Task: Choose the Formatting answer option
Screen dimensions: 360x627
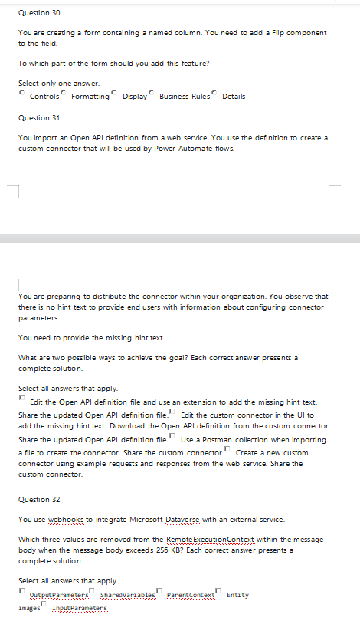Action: pos(90,97)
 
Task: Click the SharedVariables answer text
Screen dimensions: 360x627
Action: pos(127,595)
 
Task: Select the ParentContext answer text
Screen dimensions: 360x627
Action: pos(190,595)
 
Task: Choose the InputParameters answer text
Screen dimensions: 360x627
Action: pos(80,608)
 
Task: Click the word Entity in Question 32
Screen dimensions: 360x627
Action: pos(237,595)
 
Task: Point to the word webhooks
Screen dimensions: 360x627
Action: pos(66,519)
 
